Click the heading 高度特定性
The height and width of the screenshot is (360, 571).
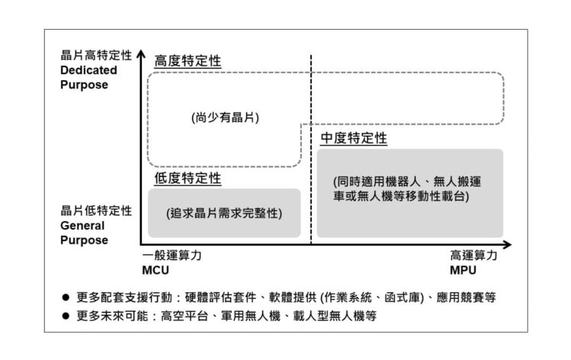(188, 61)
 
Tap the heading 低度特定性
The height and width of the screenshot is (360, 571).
(188, 178)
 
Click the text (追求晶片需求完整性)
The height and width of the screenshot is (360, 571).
(224, 214)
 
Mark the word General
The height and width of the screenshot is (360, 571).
(81, 226)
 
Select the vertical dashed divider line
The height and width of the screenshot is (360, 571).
(311, 153)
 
